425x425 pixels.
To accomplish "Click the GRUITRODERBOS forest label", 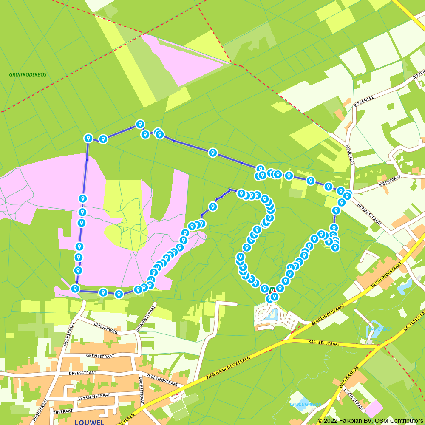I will point(28,74).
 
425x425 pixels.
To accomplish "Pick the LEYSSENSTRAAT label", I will point(94,396).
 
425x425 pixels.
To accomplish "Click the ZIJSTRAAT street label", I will point(63,411).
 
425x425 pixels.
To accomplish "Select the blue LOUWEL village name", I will point(89,422).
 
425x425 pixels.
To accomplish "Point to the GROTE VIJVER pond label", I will point(380,329).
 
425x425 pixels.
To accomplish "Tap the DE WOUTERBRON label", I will point(305,404).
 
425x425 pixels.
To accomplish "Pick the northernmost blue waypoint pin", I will point(140,124).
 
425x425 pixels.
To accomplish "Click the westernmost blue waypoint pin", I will point(75,289).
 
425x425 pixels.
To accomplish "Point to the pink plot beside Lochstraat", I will point(374,408).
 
